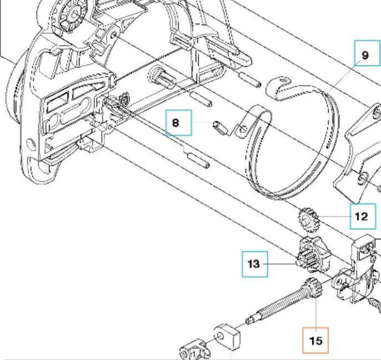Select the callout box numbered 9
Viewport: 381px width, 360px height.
pos(365,55)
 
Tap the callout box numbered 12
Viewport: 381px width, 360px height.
pos(361,216)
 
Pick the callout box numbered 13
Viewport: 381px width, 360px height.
pos(253,264)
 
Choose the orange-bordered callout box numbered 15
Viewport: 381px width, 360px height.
pos(316,339)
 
